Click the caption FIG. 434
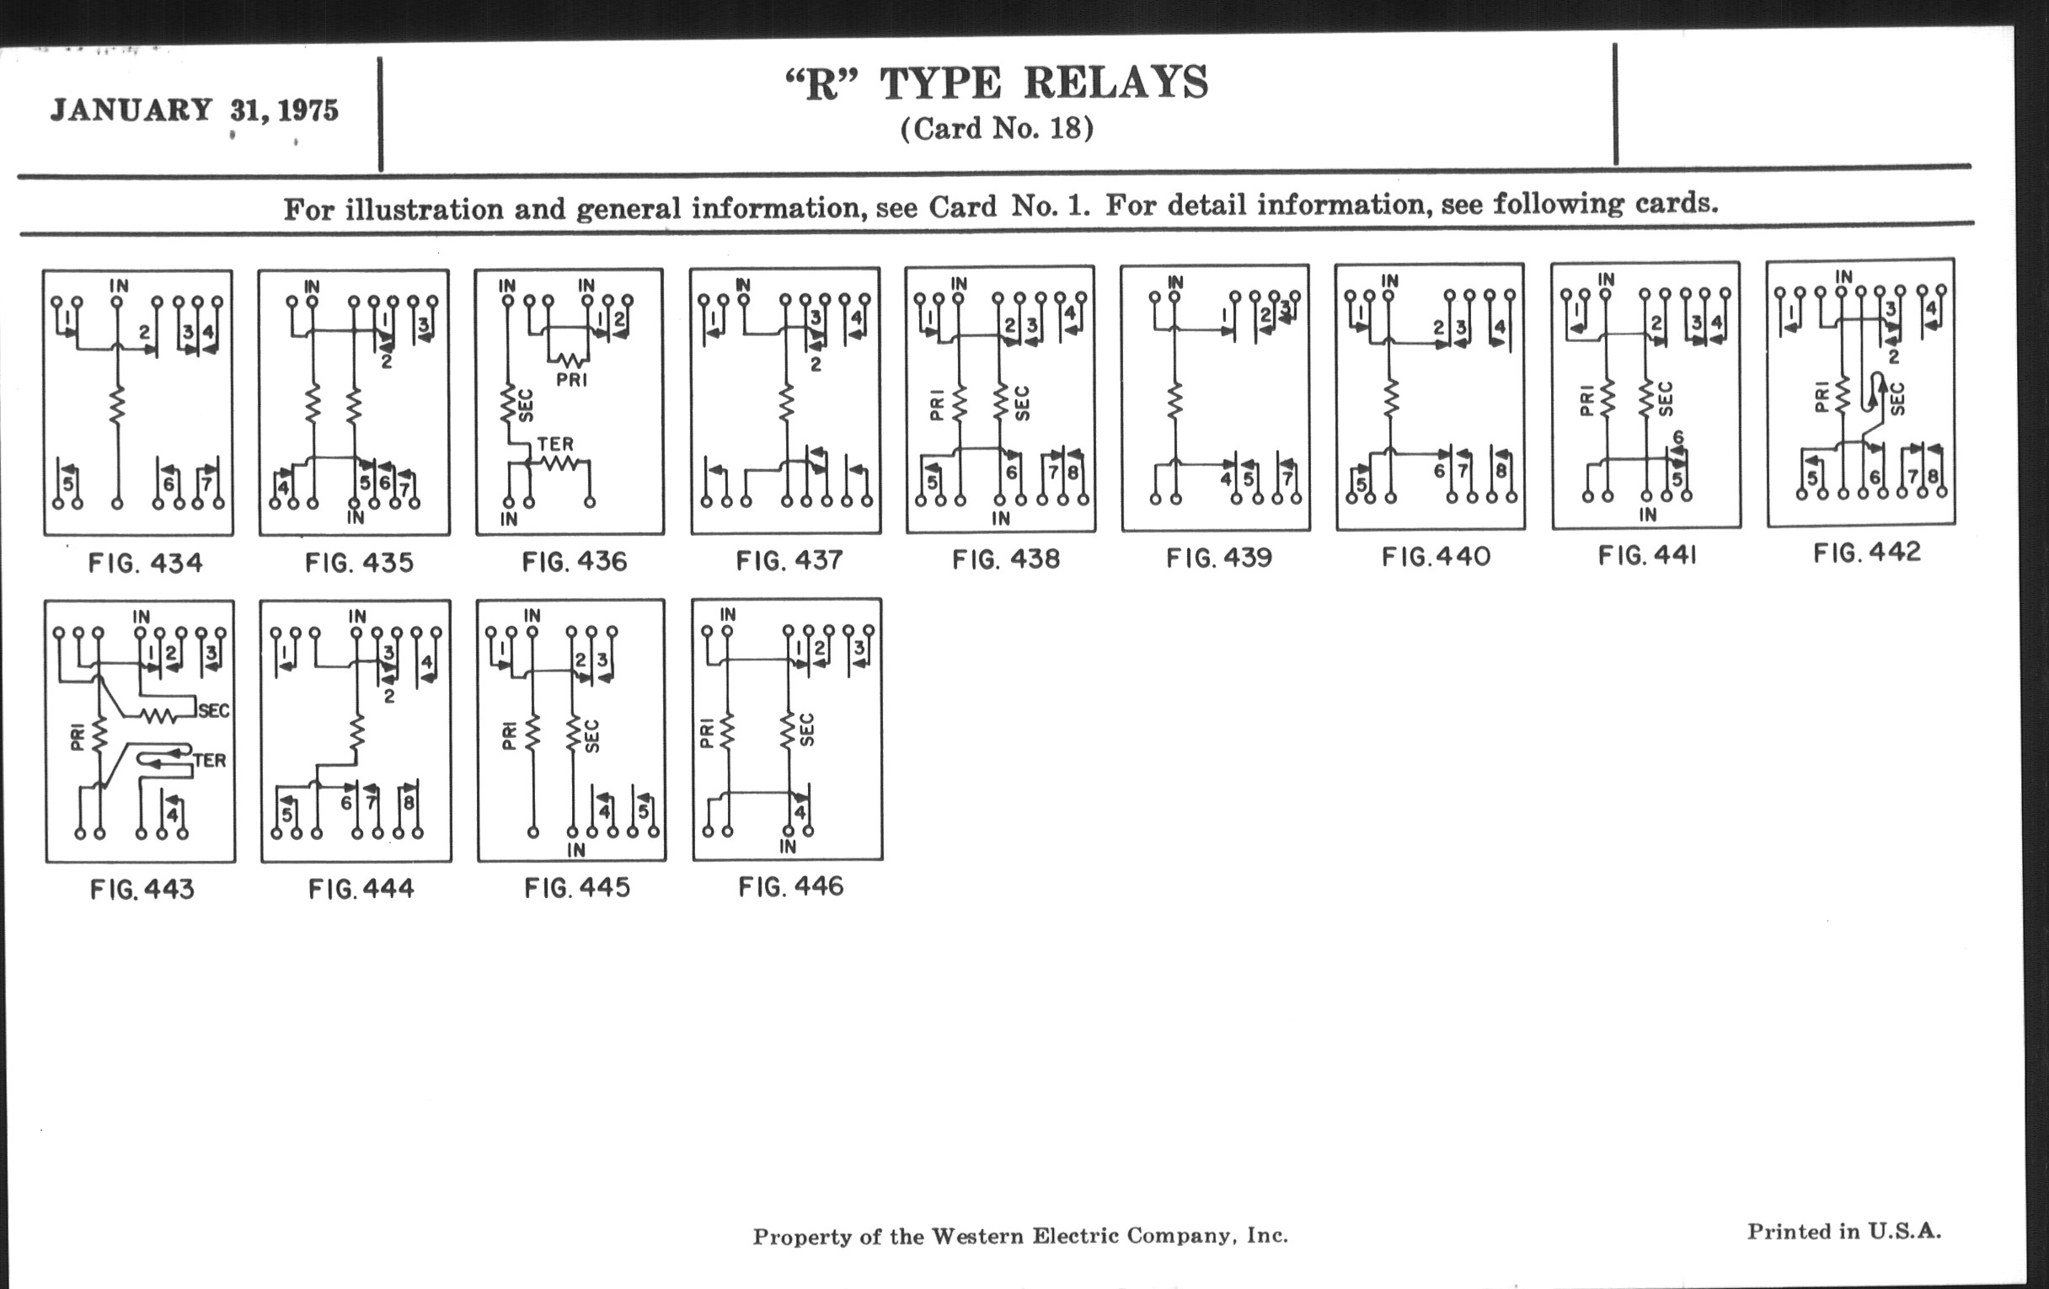click(x=146, y=563)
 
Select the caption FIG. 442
click(x=1867, y=553)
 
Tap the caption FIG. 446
click(x=790, y=886)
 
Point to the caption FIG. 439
click(x=1218, y=557)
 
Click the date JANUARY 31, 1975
click(x=194, y=110)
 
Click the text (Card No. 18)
click(x=997, y=128)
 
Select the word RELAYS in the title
click(x=1115, y=83)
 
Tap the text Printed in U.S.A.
click(x=1844, y=1231)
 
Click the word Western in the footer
click(x=978, y=1235)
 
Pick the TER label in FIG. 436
click(x=554, y=444)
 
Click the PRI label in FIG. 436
click(x=572, y=379)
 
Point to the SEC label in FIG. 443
click(x=214, y=710)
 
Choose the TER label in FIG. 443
click(x=209, y=760)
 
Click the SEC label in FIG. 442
click(x=1897, y=398)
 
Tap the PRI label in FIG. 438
click(x=937, y=404)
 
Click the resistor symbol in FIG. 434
click(x=117, y=404)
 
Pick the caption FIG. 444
click(x=361, y=889)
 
